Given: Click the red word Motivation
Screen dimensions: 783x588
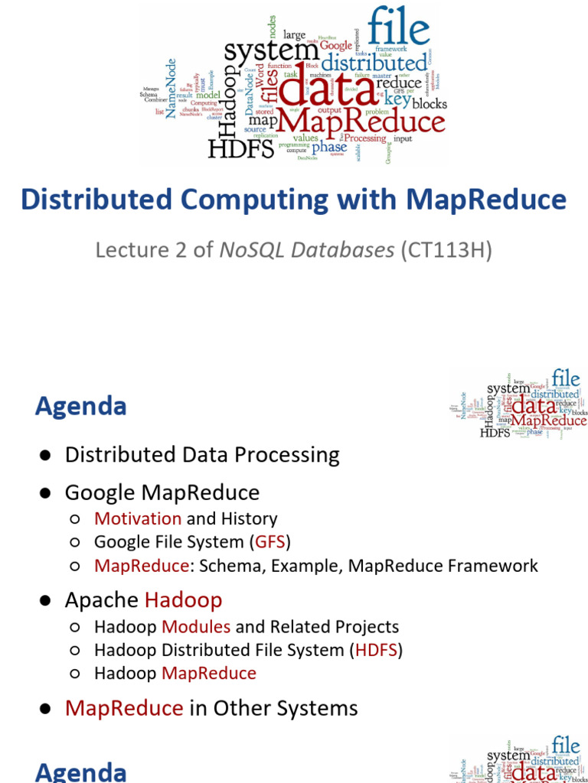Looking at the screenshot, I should click(138, 518).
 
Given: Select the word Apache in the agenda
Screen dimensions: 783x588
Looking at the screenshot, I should click(101, 600).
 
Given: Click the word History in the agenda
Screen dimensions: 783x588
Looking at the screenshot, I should click(249, 518).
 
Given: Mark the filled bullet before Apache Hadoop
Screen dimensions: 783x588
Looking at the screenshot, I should click(46, 601).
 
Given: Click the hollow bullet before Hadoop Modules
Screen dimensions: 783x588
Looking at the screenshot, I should click(75, 627).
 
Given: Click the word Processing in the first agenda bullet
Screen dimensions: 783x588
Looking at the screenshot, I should click(288, 455).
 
